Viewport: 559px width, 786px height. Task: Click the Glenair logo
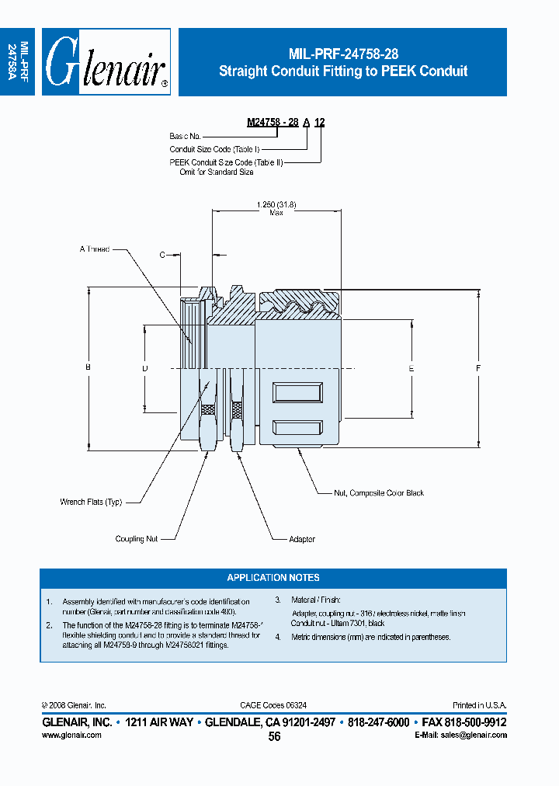point(106,63)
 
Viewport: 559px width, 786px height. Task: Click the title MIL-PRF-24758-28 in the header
point(342,54)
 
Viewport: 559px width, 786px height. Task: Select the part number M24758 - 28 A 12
point(286,122)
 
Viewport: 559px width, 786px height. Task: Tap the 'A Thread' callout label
point(94,249)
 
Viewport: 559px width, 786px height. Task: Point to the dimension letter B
point(89,367)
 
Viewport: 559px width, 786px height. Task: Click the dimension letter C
point(162,255)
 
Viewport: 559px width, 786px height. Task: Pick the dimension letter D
point(145,367)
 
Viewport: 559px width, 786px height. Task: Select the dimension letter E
point(411,367)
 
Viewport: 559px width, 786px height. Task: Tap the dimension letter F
point(478,367)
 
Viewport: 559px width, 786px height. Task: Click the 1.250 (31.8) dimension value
point(276,204)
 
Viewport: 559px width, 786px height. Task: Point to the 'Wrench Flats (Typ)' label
point(91,502)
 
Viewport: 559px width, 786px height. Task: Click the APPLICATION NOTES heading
point(273,578)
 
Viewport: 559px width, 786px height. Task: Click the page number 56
point(274,737)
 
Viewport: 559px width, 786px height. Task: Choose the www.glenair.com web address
point(71,735)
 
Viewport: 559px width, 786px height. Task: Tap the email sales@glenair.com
point(460,735)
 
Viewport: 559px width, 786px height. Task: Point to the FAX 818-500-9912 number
point(464,722)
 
